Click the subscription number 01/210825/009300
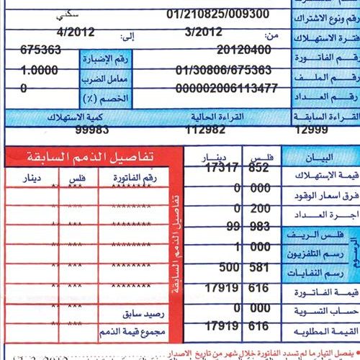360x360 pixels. (x=217, y=14)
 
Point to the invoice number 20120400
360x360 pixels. (x=246, y=51)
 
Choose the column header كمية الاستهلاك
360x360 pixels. (x=79, y=116)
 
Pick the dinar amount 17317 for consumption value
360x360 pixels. (x=220, y=168)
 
